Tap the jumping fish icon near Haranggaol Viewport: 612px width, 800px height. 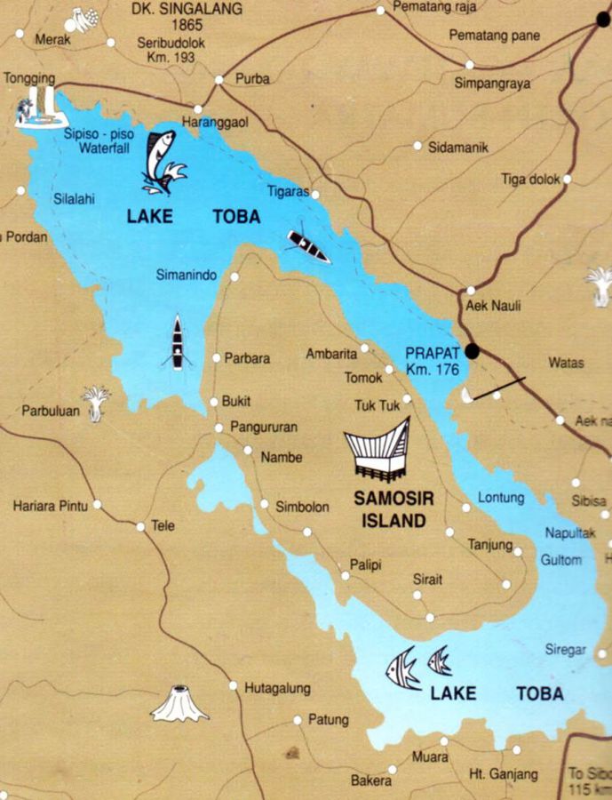162,161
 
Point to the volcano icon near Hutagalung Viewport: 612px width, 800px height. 179,704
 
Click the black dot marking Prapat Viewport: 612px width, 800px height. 473,350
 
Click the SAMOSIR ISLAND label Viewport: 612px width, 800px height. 393,510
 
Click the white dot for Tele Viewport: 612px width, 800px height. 140,527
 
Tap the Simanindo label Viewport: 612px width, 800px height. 186,276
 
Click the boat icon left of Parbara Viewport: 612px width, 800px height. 178,343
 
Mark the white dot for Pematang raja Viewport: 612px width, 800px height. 380,11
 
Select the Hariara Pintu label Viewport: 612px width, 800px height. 50,507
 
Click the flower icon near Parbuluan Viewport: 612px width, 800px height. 96,396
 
